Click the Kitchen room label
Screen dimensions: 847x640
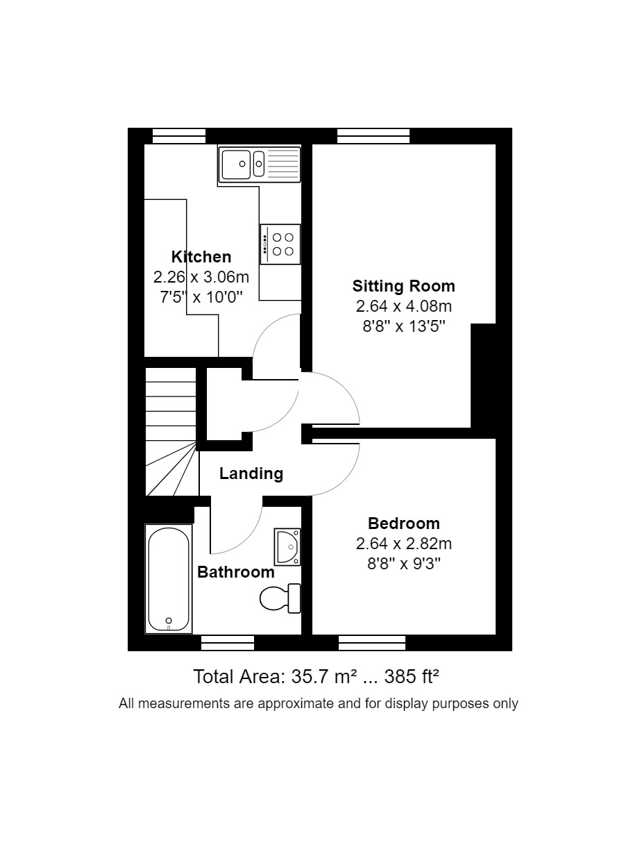tap(201, 257)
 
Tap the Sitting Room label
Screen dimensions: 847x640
tap(403, 286)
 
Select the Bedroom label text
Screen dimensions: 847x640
tap(403, 523)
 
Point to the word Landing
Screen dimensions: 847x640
tap(251, 473)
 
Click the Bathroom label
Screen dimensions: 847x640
tap(236, 573)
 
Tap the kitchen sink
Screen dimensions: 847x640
tap(260, 164)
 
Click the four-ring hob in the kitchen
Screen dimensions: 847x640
tap(281, 244)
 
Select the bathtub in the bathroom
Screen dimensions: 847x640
tap(168, 579)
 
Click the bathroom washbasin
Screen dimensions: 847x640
tap(287, 546)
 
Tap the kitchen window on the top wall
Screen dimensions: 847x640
tap(179, 136)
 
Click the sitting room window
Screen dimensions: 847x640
tap(373, 136)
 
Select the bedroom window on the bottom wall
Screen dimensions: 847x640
tap(372, 643)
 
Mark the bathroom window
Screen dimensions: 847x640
tap(228, 643)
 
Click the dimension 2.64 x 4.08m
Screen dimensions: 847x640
tap(403, 306)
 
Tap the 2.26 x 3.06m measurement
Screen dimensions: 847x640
tap(201, 277)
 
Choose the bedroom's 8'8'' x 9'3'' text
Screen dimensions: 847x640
tap(403, 563)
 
